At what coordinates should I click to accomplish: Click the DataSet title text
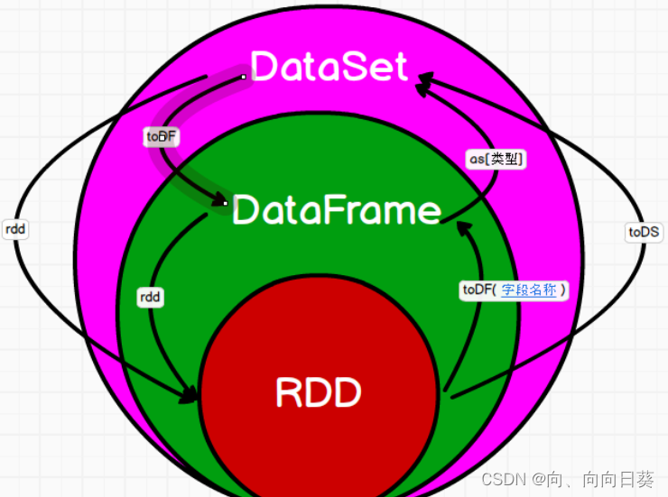(x=329, y=67)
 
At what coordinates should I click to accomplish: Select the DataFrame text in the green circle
(x=337, y=210)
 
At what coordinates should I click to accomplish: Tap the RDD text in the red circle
(x=318, y=392)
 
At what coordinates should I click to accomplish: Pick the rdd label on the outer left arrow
(x=15, y=229)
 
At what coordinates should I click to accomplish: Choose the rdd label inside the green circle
(x=150, y=296)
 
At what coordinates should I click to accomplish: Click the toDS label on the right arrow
(x=644, y=232)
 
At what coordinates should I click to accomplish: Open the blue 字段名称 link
(x=528, y=290)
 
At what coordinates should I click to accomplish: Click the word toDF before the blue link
(x=478, y=290)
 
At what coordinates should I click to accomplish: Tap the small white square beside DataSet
(x=244, y=78)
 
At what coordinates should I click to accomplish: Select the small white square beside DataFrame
(x=226, y=204)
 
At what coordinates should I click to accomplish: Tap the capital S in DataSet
(x=350, y=67)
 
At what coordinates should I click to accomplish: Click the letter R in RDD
(x=288, y=392)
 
